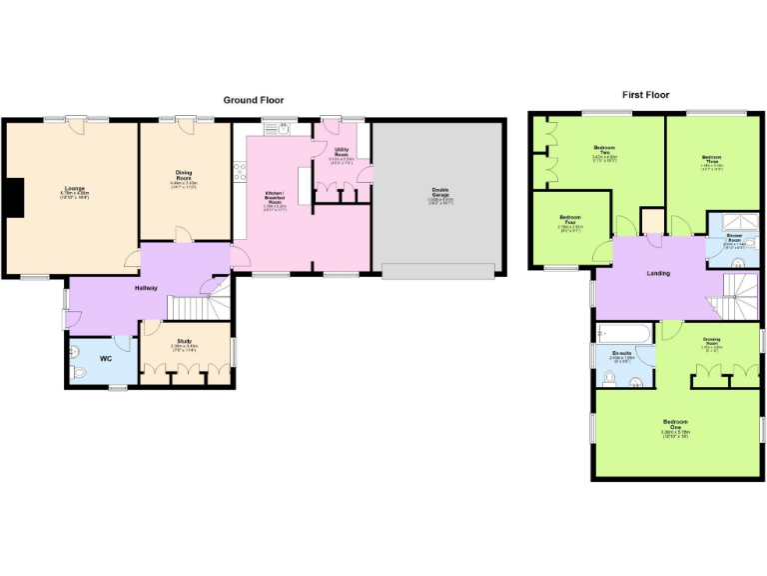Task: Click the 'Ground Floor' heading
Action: (x=253, y=100)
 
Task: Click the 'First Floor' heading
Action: (x=646, y=95)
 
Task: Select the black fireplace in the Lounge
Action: (x=13, y=196)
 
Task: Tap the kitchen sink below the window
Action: (x=283, y=127)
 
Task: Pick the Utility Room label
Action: (x=342, y=153)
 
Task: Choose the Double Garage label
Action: (x=440, y=193)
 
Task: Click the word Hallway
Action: (x=148, y=288)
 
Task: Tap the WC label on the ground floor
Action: (x=106, y=358)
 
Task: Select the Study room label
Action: (x=184, y=342)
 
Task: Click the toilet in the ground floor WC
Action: (x=80, y=371)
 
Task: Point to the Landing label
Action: (x=657, y=273)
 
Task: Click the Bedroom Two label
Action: (x=605, y=151)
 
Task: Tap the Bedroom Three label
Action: (x=711, y=159)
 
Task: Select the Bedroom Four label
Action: (x=570, y=222)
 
